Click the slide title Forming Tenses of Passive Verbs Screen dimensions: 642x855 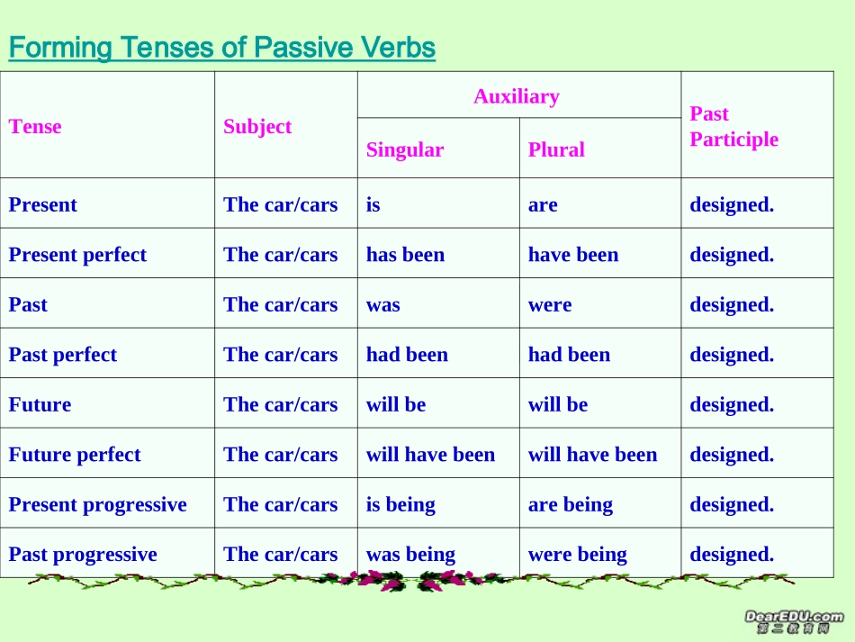coord(221,47)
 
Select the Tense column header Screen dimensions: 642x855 coord(35,127)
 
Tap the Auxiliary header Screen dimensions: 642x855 coord(517,96)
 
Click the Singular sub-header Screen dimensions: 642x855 coord(405,149)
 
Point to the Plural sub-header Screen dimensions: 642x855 coord(556,149)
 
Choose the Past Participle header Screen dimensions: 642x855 coord(733,126)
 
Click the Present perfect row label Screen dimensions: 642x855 coord(77,255)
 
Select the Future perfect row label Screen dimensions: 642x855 coord(75,455)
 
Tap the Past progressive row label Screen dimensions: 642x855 coord(83,555)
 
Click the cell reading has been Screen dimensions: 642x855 coord(405,255)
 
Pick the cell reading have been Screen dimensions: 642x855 coord(573,255)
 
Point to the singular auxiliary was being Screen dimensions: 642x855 coord(410,555)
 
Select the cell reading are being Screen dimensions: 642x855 coord(571,505)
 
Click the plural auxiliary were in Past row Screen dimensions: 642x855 coord(550,305)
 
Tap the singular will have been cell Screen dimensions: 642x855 coord(430,455)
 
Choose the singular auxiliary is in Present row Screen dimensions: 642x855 coord(373,205)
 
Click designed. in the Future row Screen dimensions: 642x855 coord(732,405)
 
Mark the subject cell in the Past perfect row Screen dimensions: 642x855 coord(281,355)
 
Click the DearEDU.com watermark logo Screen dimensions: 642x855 coord(794,621)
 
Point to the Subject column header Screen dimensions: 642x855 coord(257,127)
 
